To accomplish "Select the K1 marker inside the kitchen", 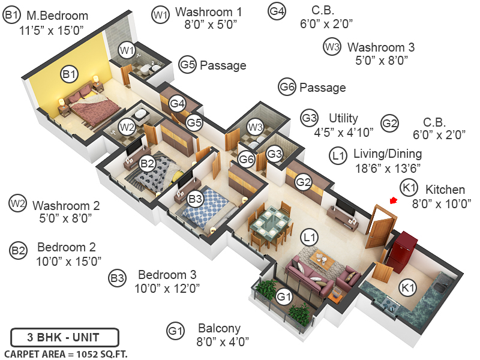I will (408, 288).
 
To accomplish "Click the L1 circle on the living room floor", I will (310, 238).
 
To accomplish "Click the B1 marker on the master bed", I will (70, 74).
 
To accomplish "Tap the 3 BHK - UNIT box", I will (65, 336).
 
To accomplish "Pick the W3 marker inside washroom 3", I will (255, 127).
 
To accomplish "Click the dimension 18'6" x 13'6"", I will (387, 168).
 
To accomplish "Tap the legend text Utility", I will (343, 118).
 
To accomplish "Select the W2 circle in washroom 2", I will (126, 127).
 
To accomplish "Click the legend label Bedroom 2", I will (66, 247).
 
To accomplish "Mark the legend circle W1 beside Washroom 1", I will (160, 15).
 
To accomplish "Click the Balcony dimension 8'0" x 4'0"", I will (223, 342).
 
